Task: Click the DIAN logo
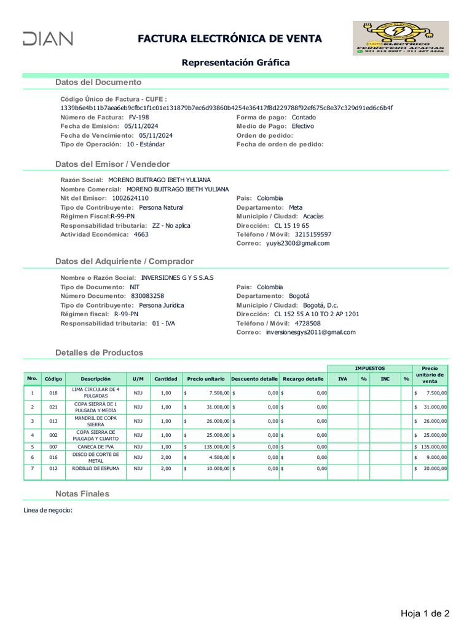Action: (x=47, y=39)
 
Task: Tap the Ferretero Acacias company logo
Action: (x=400, y=38)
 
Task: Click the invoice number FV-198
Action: (x=139, y=117)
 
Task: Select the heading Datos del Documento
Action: (x=98, y=82)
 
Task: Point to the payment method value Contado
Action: (x=304, y=117)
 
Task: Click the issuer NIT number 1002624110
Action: (x=130, y=199)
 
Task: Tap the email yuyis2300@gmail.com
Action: (x=298, y=243)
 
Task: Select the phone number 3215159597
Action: (x=313, y=234)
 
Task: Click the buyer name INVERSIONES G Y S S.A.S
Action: (x=178, y=277)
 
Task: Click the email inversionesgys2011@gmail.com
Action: (x=311, y=332)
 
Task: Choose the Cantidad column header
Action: (x=165, y=379)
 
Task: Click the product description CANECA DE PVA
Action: (x=95, y=447)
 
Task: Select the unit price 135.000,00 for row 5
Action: (x=213, y=447)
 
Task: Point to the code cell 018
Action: (x=53, y=393)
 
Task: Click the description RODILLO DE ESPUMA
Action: (x=95, y=469)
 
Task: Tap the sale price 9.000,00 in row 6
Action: (x=435, y=458)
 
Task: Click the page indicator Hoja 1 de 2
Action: (x=425, y=613)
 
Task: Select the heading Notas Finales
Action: (x=82, y=493)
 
